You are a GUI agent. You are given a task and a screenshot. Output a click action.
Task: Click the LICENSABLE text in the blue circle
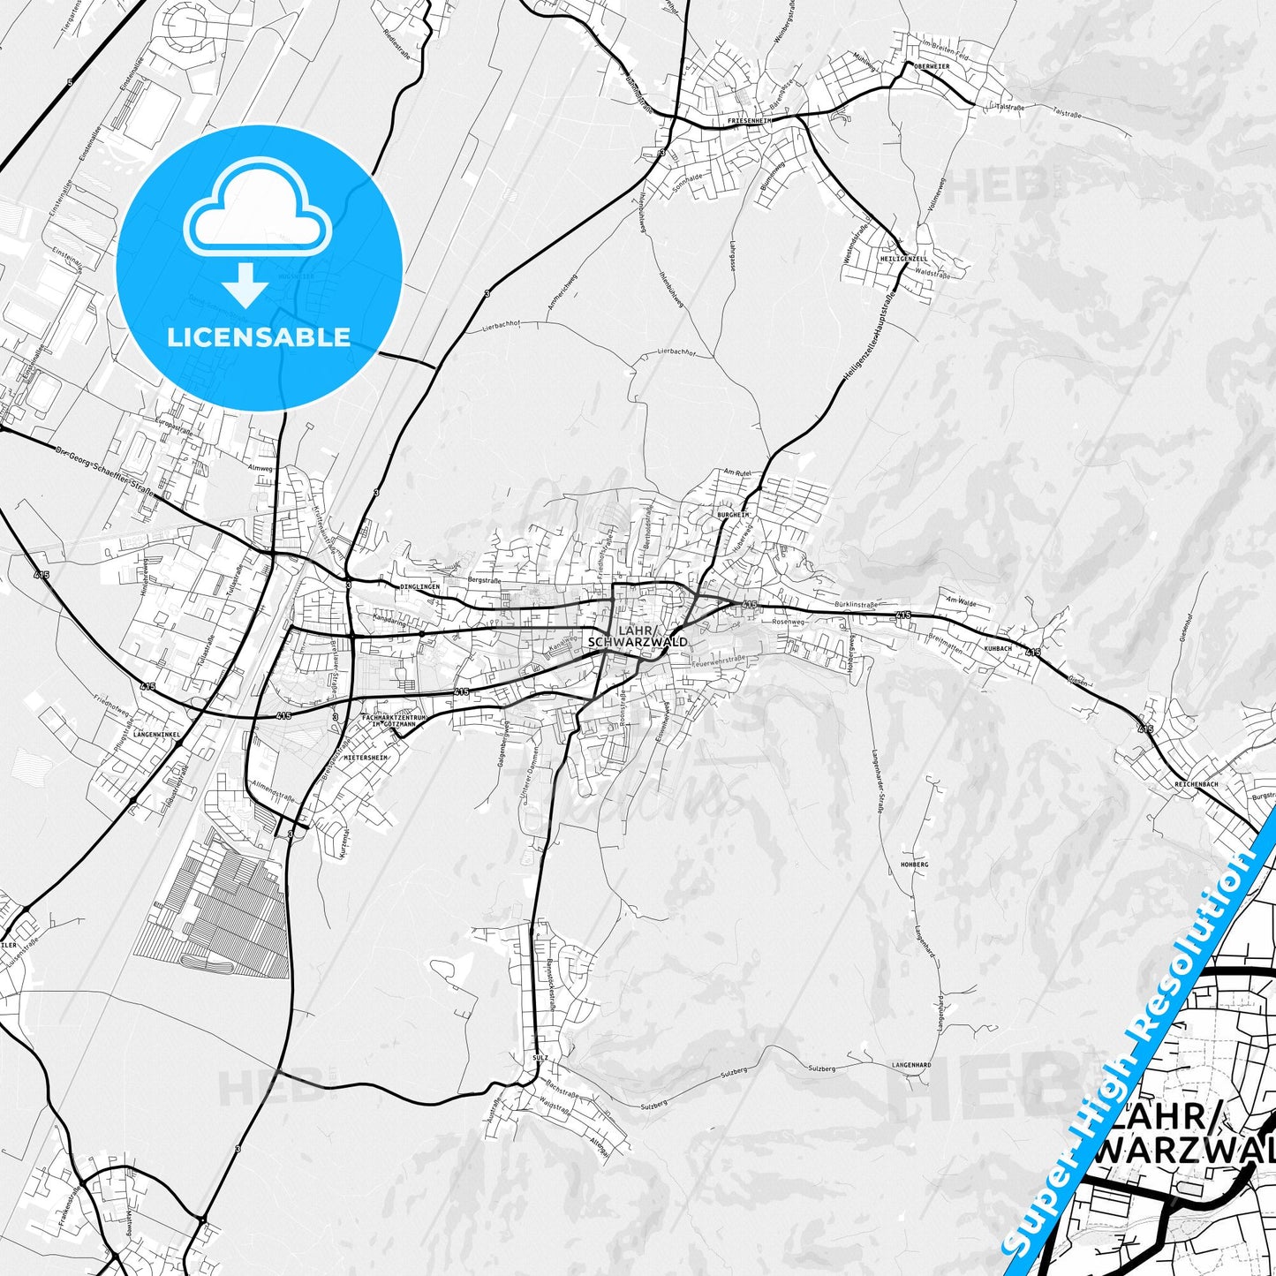(259, 337)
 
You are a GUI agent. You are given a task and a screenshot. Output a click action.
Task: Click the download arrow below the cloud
(246, 283)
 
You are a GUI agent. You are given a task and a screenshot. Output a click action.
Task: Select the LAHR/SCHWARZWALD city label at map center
(638, 636)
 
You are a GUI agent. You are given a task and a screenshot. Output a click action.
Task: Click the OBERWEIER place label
(932, 66)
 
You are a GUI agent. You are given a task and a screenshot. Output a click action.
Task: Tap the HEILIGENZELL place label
(903, 260)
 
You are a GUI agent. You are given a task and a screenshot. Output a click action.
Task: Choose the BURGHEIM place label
(733, 514)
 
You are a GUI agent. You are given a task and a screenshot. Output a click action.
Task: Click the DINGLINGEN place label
(419, 586)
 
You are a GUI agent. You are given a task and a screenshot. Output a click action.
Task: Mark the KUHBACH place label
(997, 648)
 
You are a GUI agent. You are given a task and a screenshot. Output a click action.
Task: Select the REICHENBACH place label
(1197, 784)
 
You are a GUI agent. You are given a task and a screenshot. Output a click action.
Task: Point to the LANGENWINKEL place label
(156, 734)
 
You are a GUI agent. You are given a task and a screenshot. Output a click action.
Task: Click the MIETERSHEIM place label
(366, 758)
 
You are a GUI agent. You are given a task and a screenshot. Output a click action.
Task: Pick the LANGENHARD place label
(911, 1066)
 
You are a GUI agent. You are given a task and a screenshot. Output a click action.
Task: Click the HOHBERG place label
(914, 864)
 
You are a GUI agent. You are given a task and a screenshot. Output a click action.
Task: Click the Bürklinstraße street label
(855, 605)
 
